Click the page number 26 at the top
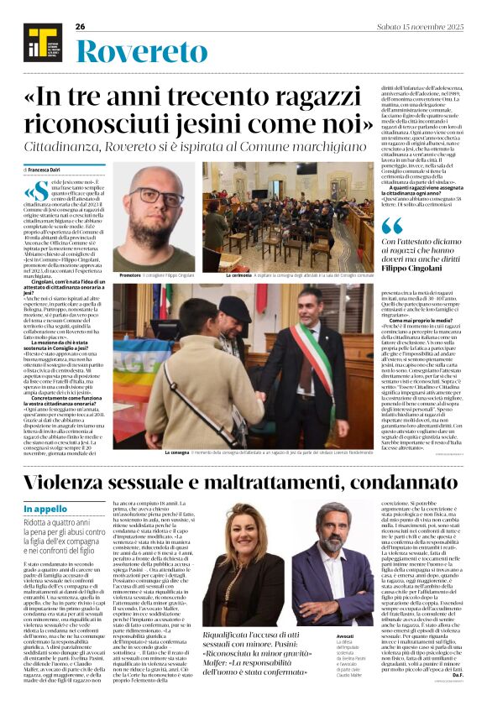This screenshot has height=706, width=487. [81, 27]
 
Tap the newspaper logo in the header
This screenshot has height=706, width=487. [39, 41]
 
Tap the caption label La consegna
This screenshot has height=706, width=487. [177, 452]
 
